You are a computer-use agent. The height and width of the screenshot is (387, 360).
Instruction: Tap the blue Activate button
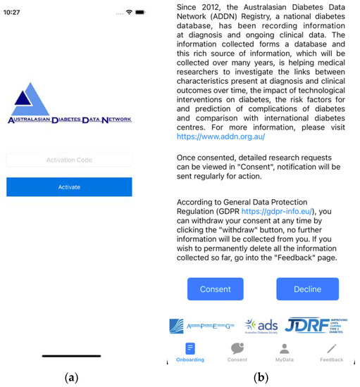(x=69, y=186)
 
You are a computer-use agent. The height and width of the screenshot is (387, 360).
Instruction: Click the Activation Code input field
(x=69, y=160)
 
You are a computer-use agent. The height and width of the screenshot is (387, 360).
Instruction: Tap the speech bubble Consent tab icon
(x=237, y=348)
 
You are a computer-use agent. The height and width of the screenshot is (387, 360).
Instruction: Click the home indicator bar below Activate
(x=71, y=356)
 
